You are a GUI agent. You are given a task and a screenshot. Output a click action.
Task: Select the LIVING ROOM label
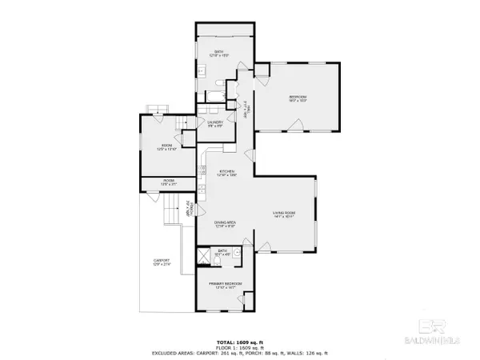click(x=285, y=213)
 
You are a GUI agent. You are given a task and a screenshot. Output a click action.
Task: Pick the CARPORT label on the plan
click(x=162, y=262)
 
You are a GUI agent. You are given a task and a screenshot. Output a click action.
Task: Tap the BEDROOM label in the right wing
click(x=298, y=98)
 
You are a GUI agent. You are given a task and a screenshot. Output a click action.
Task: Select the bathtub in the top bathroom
click(x=215, y=95)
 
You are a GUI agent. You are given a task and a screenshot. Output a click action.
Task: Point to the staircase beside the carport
click(x=170, y=214)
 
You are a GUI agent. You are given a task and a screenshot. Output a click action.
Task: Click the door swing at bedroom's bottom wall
click(x=297, y=125)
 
